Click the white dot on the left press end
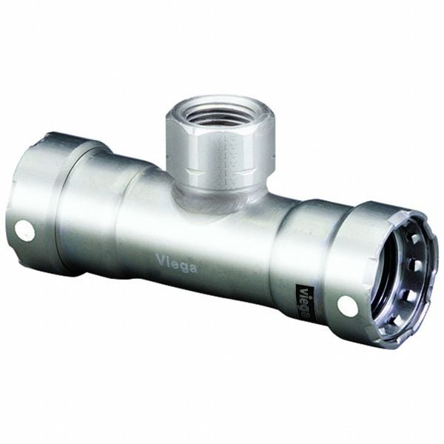click(x=24, y=231)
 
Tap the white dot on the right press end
click(x=348, y=304)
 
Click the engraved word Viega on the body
click(x=176, y=262)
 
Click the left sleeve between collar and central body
click(x=96, y=211)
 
